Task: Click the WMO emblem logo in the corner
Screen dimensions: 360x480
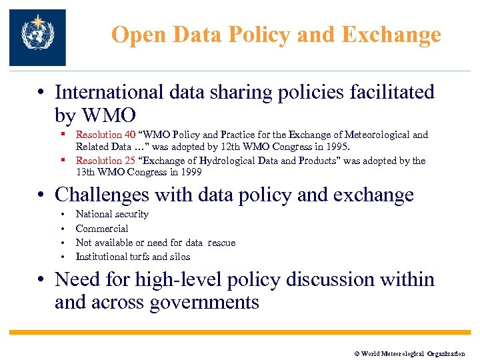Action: tap(37, 37)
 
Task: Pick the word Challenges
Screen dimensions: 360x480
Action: tap(102, 195)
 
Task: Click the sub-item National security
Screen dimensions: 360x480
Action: tap(112, 215)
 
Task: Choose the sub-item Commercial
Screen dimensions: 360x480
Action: tap(102, 229)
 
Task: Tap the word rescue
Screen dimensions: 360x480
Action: tap(221, 243)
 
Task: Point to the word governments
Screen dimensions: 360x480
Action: tap(204, 303)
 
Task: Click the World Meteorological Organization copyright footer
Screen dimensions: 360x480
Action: tap(409, 353)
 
